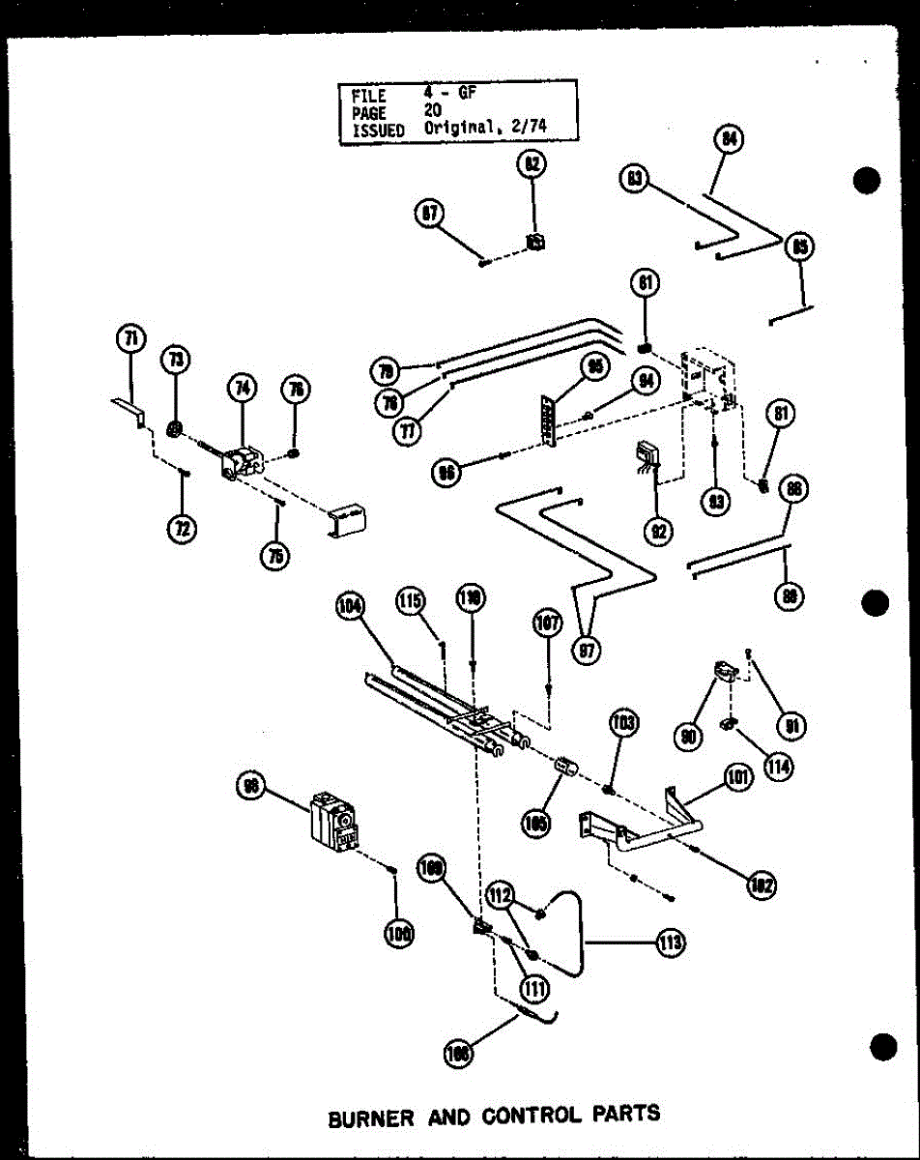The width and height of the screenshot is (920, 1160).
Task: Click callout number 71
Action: [129, 338]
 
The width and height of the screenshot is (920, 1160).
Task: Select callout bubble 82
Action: [531, 165]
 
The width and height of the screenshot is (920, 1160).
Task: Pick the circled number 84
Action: [730, 140]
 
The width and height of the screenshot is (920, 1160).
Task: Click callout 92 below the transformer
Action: [661, 530]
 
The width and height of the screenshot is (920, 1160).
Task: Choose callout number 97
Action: [587, 651]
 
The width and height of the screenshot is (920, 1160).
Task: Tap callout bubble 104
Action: [350, 606]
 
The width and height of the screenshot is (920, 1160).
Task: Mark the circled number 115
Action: [410, 602]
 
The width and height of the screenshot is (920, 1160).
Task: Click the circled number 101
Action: [739, 777]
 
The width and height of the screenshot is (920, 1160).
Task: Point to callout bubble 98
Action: [251, 789]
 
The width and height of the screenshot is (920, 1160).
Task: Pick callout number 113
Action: [670, 942]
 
